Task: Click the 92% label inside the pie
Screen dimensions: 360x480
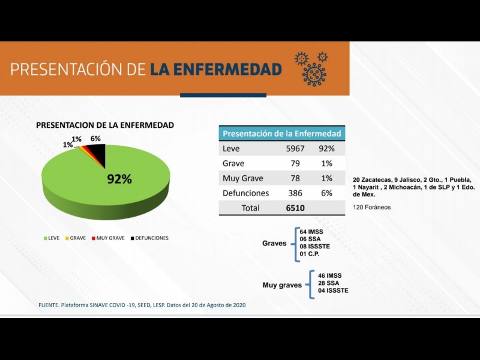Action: click(119, 179)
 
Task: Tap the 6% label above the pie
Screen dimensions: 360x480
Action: click(95, 139)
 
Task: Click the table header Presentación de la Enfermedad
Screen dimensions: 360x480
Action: click(281, 134)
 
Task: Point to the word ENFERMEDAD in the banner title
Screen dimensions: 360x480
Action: click(216, 69)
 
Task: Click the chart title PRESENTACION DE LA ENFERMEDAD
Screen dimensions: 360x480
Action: click(105, 125)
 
